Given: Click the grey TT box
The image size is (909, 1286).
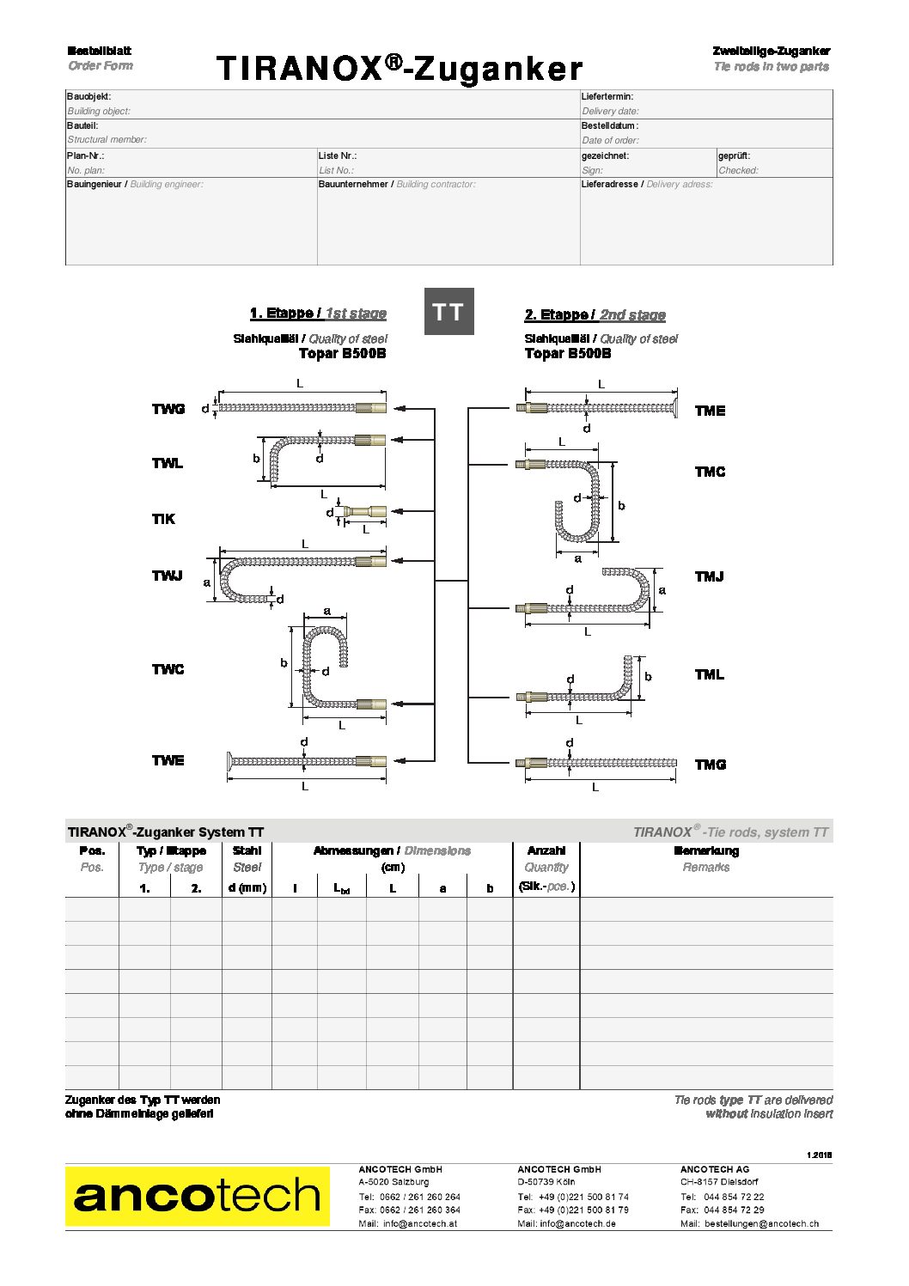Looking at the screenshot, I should click(449, 312).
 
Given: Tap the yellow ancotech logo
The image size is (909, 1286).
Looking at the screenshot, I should click(197, 1196).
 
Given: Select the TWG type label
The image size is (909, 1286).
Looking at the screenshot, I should click(168, 409).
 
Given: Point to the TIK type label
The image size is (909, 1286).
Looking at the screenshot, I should click(163, 519).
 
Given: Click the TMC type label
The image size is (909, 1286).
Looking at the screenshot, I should click(710, 472).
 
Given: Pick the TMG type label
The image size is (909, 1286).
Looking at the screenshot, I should click(711, 765).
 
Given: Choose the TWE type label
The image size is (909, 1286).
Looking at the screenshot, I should click(168, 760).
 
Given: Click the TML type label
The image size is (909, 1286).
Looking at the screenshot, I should click(710, 675).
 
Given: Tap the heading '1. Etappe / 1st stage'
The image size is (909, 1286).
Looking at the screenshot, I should click(318, 314).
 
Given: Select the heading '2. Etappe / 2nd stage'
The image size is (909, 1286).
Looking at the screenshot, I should click(595, 315).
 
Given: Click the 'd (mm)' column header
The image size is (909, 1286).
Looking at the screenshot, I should click(247, 887).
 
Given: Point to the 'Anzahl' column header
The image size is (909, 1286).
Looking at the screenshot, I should click(546, 850).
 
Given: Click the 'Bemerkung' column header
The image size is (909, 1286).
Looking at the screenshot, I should click(706, 850).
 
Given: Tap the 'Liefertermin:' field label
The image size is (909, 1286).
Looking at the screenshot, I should click(607, 97).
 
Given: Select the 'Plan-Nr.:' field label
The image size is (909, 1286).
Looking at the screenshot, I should click(86, 155).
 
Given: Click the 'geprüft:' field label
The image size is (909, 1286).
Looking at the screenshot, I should click(735, 155).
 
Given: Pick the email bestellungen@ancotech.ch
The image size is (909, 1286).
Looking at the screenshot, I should click(761, 1223).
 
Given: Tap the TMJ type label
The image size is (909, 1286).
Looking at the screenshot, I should click(710, 576).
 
